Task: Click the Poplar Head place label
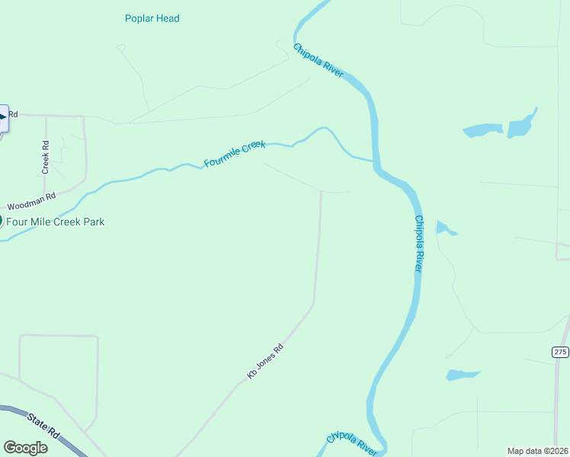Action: point(152,18)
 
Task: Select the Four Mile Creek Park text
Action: point(56,222)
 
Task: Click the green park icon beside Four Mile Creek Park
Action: point(1,221)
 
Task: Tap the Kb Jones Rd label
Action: point(265,361)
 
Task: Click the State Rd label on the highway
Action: point(44,425)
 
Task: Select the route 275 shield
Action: point(560,351)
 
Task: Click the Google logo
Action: point(25,448)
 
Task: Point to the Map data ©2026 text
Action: point(537,451)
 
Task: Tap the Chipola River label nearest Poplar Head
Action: point(319,60)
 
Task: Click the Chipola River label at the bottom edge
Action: point(352,443)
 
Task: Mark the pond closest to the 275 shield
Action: point(463,375)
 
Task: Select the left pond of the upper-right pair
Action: point(482,130)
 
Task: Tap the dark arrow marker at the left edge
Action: point(3,117)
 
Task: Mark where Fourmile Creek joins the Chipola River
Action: point(374,161)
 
